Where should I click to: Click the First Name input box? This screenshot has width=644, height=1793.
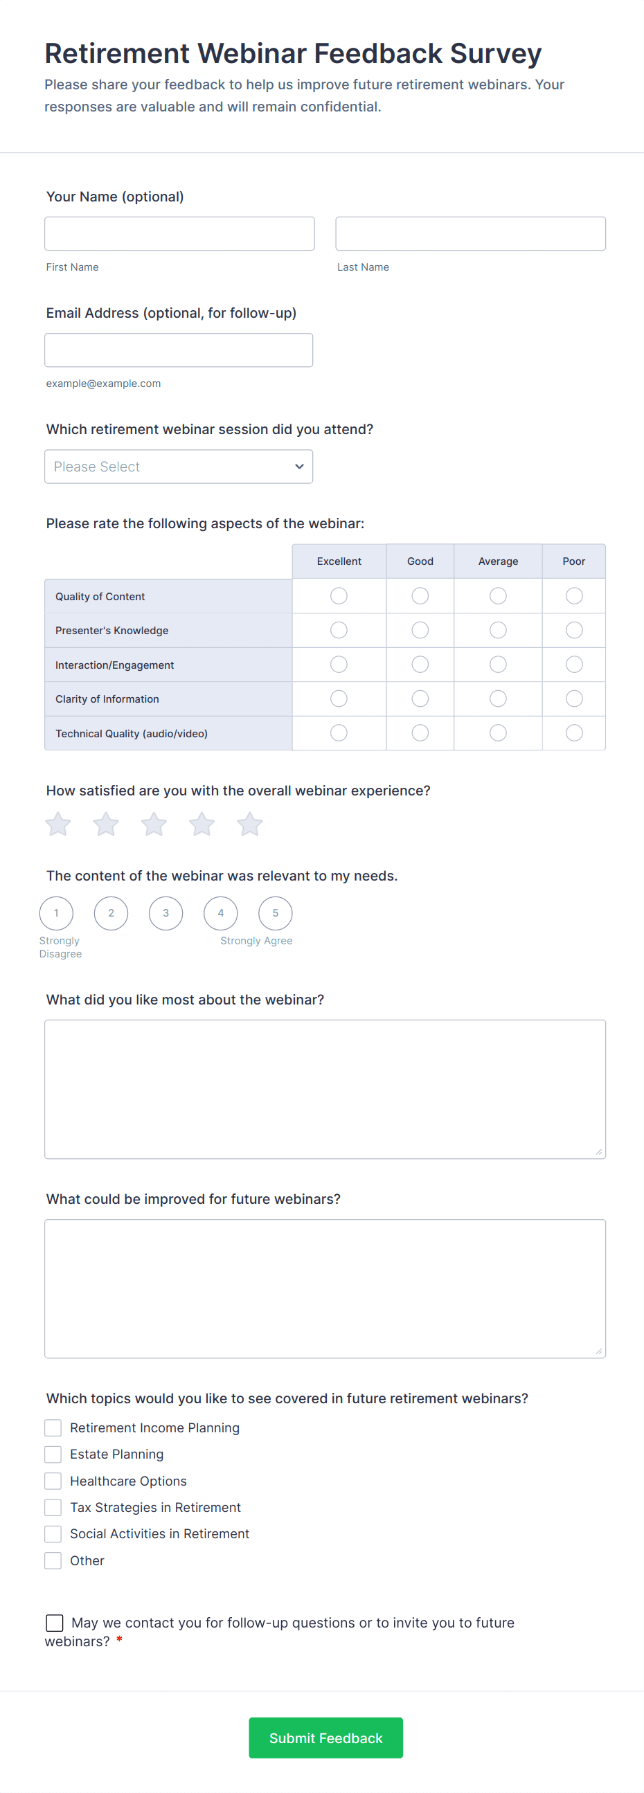(x=179, y=233)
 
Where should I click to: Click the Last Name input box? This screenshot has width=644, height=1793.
(x=470, y=233)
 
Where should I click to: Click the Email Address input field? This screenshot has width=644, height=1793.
(x=178, y=350)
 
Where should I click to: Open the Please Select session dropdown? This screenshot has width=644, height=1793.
(x=178, y=467)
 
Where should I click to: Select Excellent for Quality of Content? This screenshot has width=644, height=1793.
(x=339, y=596)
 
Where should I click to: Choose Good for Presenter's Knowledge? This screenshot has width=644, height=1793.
(x=420, y=630)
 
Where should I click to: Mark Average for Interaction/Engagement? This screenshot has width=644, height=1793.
(x=498, y=665)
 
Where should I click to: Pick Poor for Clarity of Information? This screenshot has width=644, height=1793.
(x=573, y=698)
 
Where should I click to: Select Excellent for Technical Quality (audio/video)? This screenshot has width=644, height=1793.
(x=339, y=733)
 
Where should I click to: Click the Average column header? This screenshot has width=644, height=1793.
(x=498, y=561)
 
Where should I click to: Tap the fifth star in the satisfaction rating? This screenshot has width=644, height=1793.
(x=249, y=824)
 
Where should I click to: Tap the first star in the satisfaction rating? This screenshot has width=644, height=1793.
(x=57, y=824)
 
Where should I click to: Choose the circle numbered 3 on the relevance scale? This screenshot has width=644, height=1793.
(x=166, y=913)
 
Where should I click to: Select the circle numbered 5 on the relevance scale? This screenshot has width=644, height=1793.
(x=275, y=913)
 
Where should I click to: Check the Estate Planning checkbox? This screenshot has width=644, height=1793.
(x=53, y=1454)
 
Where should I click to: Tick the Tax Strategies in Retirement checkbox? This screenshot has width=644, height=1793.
(x=53, y=1508)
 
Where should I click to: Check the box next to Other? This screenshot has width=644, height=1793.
(x=53, y=1560)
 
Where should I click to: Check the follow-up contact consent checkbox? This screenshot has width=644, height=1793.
(x=54, y=1623)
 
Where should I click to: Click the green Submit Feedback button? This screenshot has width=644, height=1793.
(x=326, y=1738)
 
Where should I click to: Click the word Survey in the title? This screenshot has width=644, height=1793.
(x=496, y=53)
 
